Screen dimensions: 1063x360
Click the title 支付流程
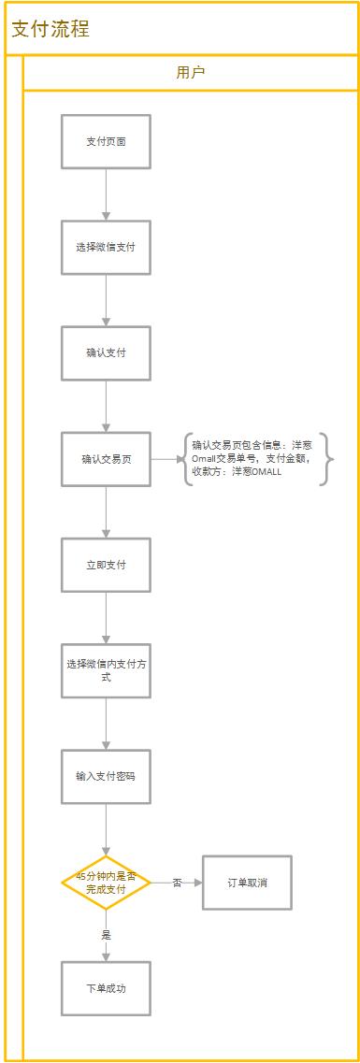[x=50, y=29]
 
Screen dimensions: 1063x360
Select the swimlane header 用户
[x=191, y=72]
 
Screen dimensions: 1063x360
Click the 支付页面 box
[x=106, y=142]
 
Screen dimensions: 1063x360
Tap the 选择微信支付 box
[x=106, y=248]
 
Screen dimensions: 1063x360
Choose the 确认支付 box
[x=106, y=353]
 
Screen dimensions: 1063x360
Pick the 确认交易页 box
[x=106, y=459]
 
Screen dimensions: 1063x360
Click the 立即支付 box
[x=106, y=565]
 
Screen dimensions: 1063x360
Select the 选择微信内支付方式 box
[x=106, y=670]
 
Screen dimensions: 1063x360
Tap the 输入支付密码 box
[x=106, y=776]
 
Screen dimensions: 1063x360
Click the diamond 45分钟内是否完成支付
[x=106, y=882]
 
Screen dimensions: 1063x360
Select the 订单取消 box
[x=247, y=882]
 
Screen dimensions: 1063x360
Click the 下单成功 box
[x=106, y=988]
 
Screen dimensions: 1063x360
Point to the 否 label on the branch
[x=177, y=882]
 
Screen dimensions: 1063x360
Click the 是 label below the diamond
[x=106, y=934]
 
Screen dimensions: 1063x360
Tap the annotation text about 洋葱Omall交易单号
[x=254, y=459]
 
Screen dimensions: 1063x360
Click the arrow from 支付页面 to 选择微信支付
[x=106, y=194]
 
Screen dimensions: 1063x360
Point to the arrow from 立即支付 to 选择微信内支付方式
[x=106, y=617]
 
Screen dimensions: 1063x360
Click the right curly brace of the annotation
[x=327, y=459]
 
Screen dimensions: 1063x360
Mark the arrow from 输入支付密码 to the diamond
[x=106, y=828]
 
